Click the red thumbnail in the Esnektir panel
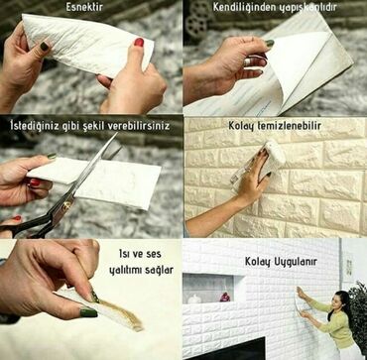pyautogui.click(x=139, y=43)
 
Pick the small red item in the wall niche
pyautogui.click(x=225, y=296)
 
